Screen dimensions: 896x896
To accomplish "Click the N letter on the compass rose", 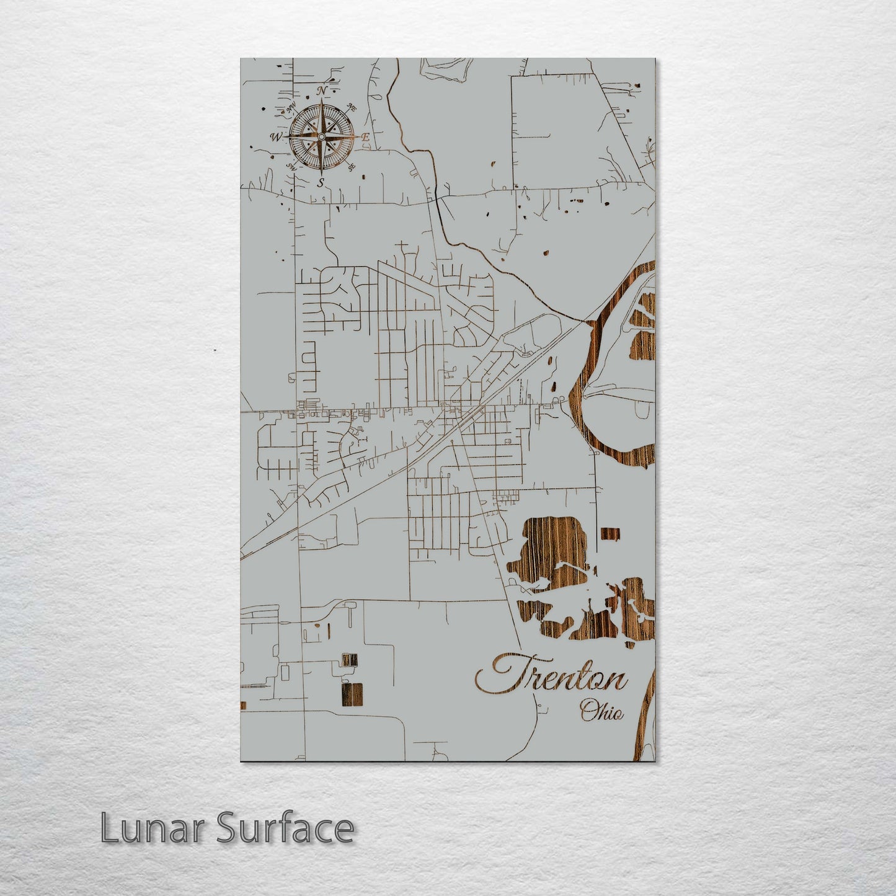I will [x=322, y=91].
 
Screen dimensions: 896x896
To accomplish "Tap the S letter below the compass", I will [x=321, y=182].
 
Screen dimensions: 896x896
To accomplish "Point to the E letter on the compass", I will [x=366, y=137].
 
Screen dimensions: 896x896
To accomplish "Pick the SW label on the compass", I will [x=290, y=166].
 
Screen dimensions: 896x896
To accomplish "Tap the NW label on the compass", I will [x=289, y=110].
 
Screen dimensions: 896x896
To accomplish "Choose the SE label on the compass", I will [x=352, y=166].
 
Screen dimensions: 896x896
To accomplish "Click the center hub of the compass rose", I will [x=321, y=136].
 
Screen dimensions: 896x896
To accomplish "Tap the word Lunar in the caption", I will [x=151, y=828].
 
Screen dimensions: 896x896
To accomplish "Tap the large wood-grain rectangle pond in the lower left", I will [x=352, y=694].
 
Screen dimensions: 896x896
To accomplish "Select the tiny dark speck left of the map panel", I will [x=215, y=350].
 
